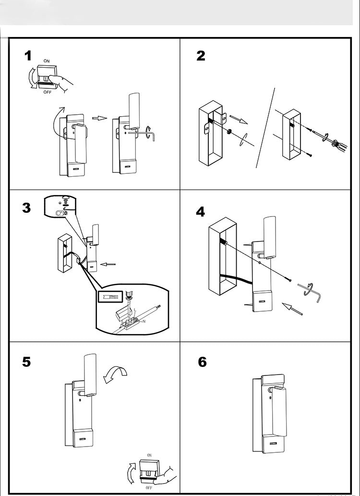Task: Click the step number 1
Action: coord(28,56)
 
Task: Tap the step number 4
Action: coord(201,211)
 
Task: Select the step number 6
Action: coord(202,362)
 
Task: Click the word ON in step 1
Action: coord(47,61)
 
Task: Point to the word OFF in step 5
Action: coord(149,487)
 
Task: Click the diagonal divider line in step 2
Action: coord(265,127)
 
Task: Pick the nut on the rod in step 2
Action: coord(229,132)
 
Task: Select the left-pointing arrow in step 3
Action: coord(109,264)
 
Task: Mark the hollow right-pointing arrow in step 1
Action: coord(99,118)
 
